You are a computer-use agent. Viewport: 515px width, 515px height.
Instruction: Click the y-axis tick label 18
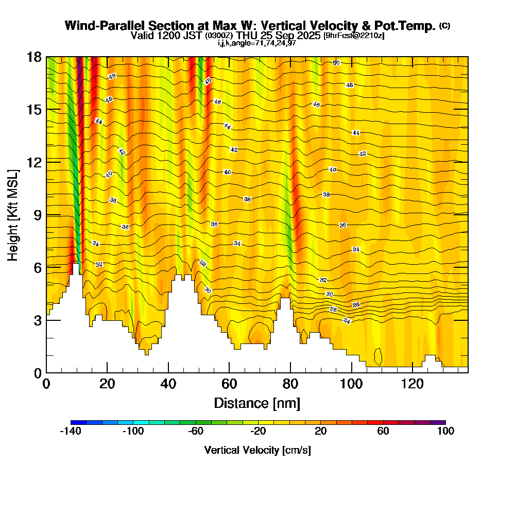(x=34, y=57)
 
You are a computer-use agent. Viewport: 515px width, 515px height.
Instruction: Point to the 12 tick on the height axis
(x=34, y=162)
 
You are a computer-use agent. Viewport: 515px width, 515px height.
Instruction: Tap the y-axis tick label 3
(x=38, y=320)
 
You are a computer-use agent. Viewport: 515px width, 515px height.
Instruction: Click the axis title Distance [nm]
(x=257, y=403)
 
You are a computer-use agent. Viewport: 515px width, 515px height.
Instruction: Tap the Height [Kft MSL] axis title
(x=13, y=214)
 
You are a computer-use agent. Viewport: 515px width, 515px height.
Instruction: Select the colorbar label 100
(x=445, y=432)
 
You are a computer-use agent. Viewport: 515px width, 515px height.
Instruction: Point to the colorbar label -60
(x=196, y=432)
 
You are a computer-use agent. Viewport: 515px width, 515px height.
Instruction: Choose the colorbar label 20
(x=320, y=432)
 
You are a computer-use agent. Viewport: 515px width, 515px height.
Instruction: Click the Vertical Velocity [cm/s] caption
(x=257, y=450)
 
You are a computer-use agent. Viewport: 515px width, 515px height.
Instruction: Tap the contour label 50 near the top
(x=336, y=63)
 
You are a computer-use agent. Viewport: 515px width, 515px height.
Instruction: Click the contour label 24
(x=347, y=321)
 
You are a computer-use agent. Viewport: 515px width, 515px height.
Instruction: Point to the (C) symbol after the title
(x=444, y=26)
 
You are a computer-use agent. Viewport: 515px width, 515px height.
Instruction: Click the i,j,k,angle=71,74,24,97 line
(x=256, y=43)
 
